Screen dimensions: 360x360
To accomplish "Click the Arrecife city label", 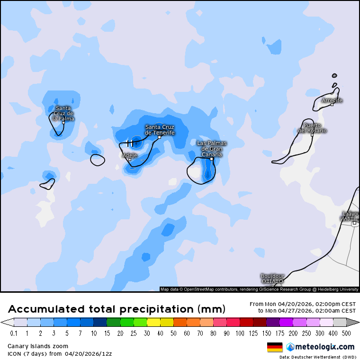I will tap(332, 100).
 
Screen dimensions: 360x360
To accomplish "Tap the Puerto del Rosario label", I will tap(312, 128).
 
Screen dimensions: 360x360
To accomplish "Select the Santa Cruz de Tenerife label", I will tap(160, 130).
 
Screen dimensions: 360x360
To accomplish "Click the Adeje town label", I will tap(130, 155).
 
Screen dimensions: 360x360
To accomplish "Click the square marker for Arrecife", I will tap(332, 105).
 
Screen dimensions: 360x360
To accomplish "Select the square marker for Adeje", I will tap(130, 160).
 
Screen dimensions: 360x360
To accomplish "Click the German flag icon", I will tap(275, 347).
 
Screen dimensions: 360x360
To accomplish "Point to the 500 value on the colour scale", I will tap(346, 333).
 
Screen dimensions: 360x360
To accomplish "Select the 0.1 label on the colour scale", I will tap(14, 333).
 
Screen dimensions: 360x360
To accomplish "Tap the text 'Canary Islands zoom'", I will tap(38, 346).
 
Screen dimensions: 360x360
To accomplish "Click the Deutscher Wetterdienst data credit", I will tap(317, 357).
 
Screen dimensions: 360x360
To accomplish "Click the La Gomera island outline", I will tap(97, 160).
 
